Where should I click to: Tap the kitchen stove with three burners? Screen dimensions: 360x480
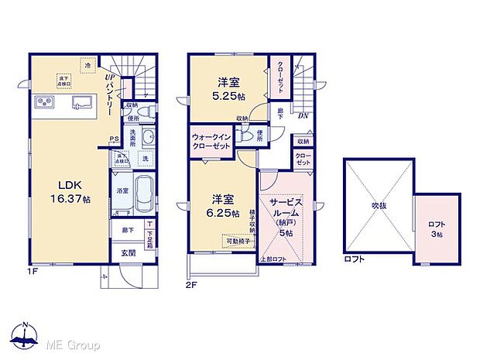tap(44, 103)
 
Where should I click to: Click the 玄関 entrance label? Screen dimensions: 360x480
tap(128, 252)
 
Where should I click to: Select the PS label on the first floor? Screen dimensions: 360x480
tap(114, 140)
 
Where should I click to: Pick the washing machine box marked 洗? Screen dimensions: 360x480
tap(144, 159)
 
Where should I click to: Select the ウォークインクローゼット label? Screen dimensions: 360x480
tap(212, 143)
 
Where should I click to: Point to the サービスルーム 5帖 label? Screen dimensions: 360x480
tap(285, 215)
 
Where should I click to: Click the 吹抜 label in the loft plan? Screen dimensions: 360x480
tap(377, 206)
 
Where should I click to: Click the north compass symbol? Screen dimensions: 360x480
tap(25, 335)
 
